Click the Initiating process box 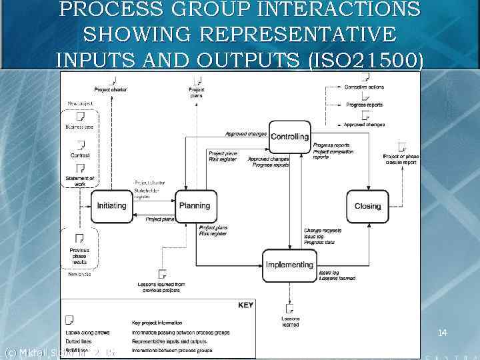[x=112, y=206]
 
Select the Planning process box [x=195, y=206]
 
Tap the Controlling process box [x=289, y=137]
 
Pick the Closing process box [x=367, y=207]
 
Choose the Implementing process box [x=289, y=265]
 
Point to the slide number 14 [x=442, y=332]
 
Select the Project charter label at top [x=111, y=89]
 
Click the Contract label [x=80, y=155]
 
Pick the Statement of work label [x=80, y=181]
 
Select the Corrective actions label [x=364, y=87]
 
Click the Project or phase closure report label [x=401, y=159]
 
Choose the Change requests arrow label [x=323, y=231]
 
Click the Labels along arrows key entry [x=88, y=332]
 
